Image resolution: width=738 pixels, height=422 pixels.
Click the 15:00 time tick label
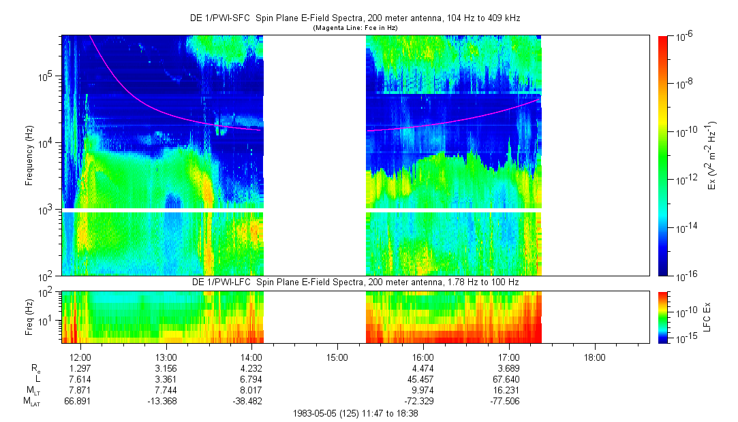pyautogui.click(x=337, y=357)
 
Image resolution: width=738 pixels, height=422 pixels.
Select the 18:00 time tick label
pyautogui.click(x=594, y=357)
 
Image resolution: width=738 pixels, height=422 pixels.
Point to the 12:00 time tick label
pyautogui.click(x=80, y=357)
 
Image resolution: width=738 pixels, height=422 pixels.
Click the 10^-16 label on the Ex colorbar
pyautogui.click(x=685, y=276)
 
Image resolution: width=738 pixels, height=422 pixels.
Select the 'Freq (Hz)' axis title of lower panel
pyautogui.click(x=29, y=317)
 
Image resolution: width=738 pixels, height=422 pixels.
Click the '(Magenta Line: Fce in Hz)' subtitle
pyautogui.click(x=354, y=28)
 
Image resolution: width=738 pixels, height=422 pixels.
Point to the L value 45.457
pyautogui.click(x=423, y=379)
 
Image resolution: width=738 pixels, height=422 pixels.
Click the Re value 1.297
pyautogui.click(x=80, y=368)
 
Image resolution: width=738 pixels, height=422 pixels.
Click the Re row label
pyautogui.click(x=36, y=368)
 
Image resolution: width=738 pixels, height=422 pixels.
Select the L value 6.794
pyautogui.click(x=252, y=379)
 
